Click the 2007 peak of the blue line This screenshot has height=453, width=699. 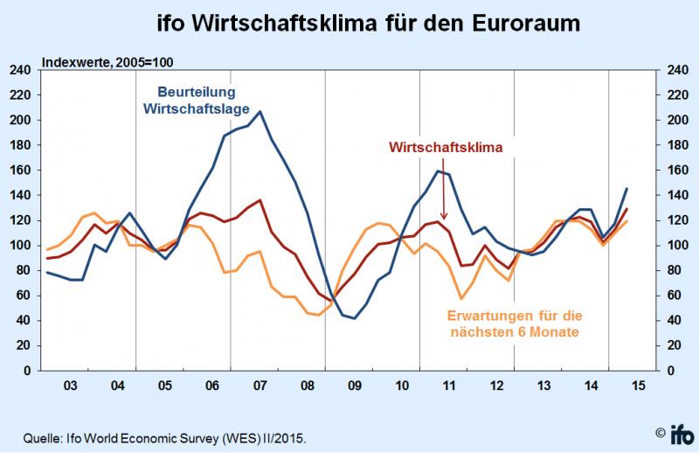click(x=260, y=112)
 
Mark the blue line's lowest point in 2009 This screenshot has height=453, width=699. click(x=355, y=318)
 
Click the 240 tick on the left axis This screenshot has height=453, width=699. click(x=21, y=70)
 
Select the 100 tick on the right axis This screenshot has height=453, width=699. click(x=678, y=246)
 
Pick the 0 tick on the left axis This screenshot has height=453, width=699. click(x=28, y=371)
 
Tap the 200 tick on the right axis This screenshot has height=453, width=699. click(x=678, y=121)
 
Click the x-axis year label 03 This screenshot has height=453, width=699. click(x=71, y=386)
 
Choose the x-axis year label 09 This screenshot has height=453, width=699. click(x=355, y=386)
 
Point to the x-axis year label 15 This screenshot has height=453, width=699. click(x=639, y=386)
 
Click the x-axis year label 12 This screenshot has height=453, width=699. click(x=496, y=386)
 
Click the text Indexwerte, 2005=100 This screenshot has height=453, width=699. click(x=101, y=62)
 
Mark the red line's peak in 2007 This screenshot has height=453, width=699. click(x=260, y=200)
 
